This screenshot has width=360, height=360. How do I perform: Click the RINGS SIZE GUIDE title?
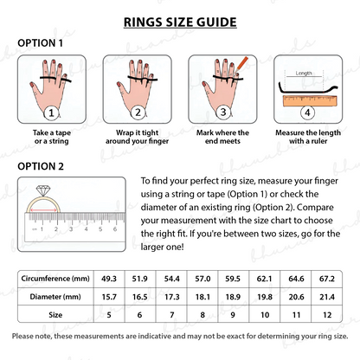click(180, 22)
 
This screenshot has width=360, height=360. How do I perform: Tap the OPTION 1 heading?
click(40, 43)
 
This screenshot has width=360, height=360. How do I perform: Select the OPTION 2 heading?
click(41, 166)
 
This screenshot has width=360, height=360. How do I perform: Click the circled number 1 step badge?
click(51, 112)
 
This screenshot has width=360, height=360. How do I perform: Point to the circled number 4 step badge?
click(307, 112)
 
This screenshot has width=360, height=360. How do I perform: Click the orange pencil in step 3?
click(241, 65)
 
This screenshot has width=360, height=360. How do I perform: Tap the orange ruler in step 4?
click(310, 101)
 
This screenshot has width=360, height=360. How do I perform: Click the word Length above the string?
click(304, 74)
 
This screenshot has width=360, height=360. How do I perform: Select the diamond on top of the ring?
click(43, 190)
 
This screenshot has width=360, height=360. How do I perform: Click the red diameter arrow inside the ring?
click(43, 210)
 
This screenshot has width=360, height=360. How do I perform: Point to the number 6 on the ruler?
click(115, 229)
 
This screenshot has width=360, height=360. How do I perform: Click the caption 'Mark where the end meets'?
click(222, 137)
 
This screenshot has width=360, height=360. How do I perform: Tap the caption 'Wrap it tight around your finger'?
click(137, 137)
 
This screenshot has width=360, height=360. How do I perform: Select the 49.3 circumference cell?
click(109, 279)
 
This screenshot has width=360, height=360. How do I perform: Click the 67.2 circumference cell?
click(327, 279)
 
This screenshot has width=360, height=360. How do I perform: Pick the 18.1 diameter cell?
click(202, 297)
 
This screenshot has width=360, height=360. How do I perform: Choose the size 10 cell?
click(265, 315)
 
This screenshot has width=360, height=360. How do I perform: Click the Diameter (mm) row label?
click(55, 297)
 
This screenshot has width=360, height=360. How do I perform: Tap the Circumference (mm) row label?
click(55, 279)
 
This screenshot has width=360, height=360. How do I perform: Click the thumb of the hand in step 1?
click(35, 89)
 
